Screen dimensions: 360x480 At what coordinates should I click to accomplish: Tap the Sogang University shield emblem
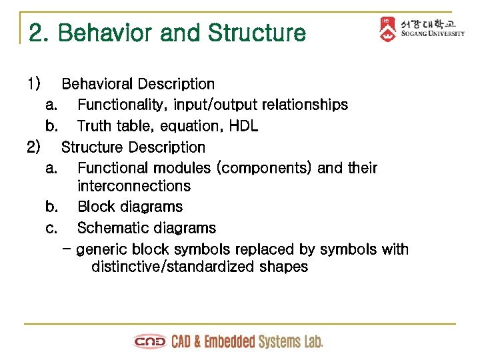point(387,29)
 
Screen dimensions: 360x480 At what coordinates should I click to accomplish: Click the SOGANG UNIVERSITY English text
point(433,34)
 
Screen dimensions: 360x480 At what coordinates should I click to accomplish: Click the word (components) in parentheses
point(266,168)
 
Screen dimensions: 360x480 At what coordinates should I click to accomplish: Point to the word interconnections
point(134,186)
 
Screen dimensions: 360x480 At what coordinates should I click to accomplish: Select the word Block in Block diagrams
point(95,207)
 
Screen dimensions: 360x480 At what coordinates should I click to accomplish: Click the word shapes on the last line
point(285,267)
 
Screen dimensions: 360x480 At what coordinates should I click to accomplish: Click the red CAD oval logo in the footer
point(150,342)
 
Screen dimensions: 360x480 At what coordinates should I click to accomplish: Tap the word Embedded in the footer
point(229,342)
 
